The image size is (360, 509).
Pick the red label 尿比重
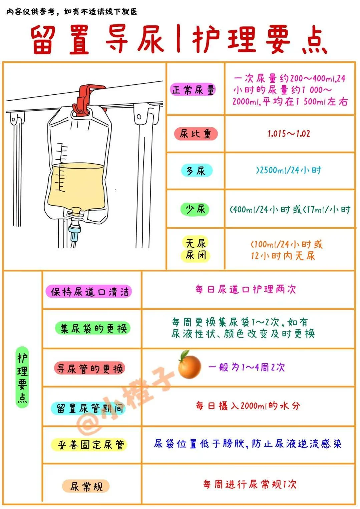coord(196,134)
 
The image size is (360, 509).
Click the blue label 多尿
coord(196,171)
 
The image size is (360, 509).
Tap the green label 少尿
coord(196,209)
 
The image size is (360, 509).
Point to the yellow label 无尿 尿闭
coord(196,249)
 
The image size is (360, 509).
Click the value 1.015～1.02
coord(289,134)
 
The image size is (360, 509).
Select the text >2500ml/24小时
coord(289,170)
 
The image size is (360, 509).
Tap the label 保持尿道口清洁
coord(89,292)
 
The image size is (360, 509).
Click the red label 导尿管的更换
coord(89,368)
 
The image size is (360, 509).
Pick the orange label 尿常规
coord(86,486)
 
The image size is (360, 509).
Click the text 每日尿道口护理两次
coord(246,289)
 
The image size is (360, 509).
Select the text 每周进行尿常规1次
coord(250,484)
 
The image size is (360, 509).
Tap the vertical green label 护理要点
coord(22,377)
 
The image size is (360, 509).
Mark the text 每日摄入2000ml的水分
coord(248,406)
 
